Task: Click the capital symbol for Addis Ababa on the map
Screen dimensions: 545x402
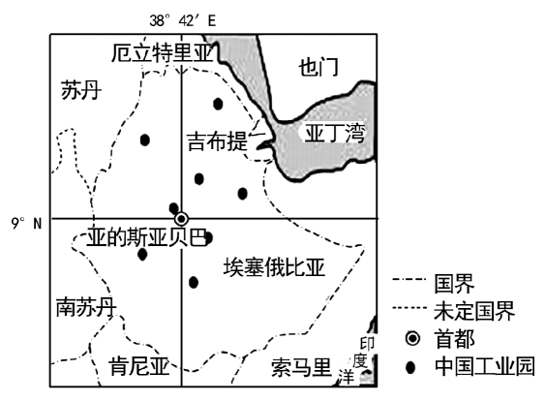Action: (x=181, y=219)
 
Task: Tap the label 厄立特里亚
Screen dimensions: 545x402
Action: (x=162, y=53)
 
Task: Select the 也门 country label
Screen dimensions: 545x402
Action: (x=318, y=67)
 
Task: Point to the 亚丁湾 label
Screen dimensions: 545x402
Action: (x=335, y=133)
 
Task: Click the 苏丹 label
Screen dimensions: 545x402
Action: (x=81, y=90)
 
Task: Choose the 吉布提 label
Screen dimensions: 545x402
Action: (x=218, y=141)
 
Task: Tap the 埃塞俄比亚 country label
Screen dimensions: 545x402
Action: (x=274, y=267)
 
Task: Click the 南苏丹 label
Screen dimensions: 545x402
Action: (x=86, y=307)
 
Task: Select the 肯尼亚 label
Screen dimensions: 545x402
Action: (x=139, y=366)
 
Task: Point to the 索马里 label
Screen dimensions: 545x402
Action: (x=301, y=367)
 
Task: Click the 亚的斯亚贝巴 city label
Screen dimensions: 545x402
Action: (x=147, y=237)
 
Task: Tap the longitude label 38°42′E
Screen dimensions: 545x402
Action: (x=183, y=21)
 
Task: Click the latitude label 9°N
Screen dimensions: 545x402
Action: (x=26, y=223)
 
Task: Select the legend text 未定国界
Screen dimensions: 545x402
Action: (x=474, y=311)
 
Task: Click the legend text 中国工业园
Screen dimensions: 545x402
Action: (x=485, y=366)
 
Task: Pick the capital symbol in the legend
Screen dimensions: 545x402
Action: (x=412, y=338)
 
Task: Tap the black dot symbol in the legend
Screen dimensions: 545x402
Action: (x=410, y=367)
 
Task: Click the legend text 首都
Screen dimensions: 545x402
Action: (x=455, y=339)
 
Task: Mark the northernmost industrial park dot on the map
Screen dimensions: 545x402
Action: (x=218, y=104)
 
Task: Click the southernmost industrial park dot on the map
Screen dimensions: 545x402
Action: (x=194, y=282)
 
